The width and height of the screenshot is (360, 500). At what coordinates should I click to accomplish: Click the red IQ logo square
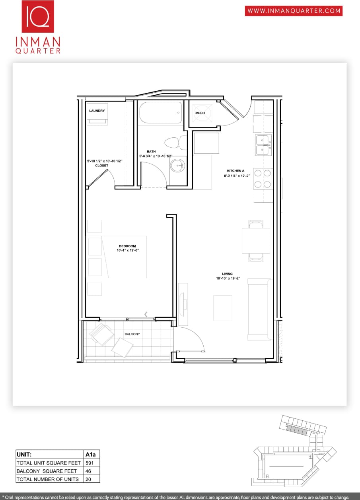click(38, 17)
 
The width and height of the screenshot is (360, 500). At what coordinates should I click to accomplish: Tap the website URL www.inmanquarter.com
click(294, 11)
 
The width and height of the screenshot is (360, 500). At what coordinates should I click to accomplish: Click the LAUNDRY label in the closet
click(97, 111)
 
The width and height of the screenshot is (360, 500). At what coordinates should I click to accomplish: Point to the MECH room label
click(200, 113)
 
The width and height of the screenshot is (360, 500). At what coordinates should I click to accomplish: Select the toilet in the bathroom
click(175, 142)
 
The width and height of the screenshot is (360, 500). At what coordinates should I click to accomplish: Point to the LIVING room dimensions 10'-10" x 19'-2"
click(227, 278)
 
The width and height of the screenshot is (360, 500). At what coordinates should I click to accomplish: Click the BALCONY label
click(132, 334)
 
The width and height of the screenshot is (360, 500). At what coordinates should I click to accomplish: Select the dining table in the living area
click(256, 240)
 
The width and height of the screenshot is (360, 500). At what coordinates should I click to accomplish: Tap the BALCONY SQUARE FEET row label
click(47, 471)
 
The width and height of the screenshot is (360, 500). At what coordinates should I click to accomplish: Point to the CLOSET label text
click(101, 165)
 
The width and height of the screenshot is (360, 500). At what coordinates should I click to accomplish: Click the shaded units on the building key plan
click(296, 430)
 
